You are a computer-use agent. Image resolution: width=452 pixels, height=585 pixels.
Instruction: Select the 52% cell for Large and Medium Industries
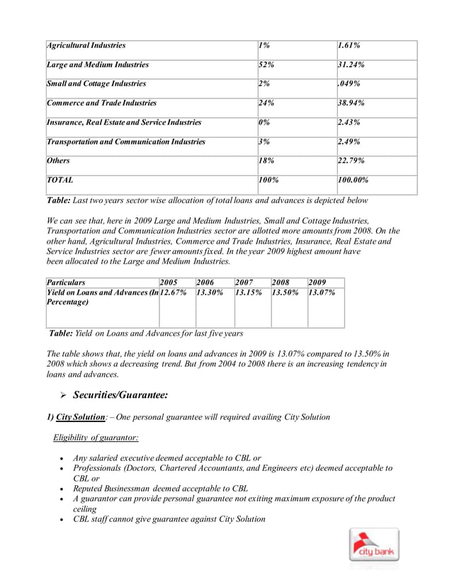point(267,64)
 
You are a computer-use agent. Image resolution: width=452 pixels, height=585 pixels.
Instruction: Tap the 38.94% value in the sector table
point(351,103)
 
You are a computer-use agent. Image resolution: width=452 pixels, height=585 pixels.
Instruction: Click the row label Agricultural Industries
point(86,45)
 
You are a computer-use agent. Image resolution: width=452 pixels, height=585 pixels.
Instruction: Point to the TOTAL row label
point(60,181)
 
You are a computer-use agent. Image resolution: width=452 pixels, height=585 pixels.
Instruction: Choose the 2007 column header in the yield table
point(245,282)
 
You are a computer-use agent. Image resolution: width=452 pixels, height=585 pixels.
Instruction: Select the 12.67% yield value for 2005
point(174,292)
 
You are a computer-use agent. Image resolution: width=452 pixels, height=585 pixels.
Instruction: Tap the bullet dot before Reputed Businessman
point(64,489)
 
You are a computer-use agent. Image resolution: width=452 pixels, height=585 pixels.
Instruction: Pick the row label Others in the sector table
point(58,161)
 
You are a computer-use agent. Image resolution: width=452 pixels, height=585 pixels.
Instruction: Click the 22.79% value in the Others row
point(351,161)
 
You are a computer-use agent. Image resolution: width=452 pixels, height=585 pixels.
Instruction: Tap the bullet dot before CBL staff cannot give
point(64,520)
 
